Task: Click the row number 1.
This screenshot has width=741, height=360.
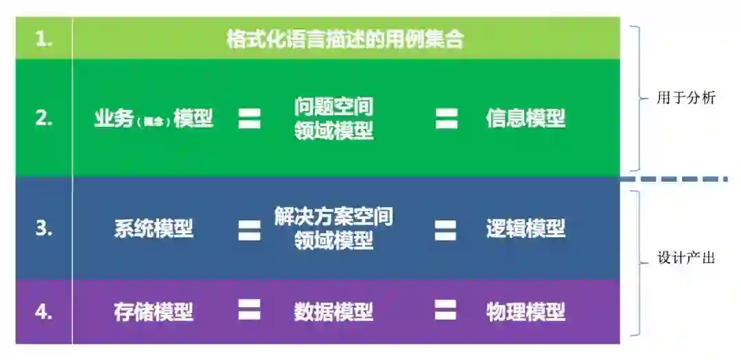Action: (x=44, y=40)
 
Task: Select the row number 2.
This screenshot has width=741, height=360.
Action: (x=44, y=119)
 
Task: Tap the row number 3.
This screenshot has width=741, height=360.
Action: (x=44, y=229)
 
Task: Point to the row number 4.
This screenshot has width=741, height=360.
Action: (x=44, y=312)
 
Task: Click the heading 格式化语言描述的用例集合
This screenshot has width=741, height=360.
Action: (x=345, y=40)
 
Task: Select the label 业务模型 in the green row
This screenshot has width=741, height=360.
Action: (x=154, y=119)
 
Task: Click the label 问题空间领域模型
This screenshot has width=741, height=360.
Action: (x=334, y=119)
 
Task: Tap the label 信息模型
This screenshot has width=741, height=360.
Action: (x=526, y=119)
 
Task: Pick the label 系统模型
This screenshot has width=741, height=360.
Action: (x=154, y=229)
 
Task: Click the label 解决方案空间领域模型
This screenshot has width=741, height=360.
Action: (x=334, y=229)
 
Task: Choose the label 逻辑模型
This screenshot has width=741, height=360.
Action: (x=526, y=229)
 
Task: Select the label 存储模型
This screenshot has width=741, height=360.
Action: (x=154, y=312)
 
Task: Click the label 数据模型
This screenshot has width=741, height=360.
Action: (x=334, y=312)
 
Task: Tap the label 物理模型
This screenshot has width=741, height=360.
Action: (x=526, y=312)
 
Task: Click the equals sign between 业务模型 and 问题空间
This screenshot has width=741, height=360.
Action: (x=249, y=119)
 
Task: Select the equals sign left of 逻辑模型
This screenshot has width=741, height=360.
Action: (x=445, y=229)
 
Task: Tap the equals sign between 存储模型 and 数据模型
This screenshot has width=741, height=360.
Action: (x=249, y=311)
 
